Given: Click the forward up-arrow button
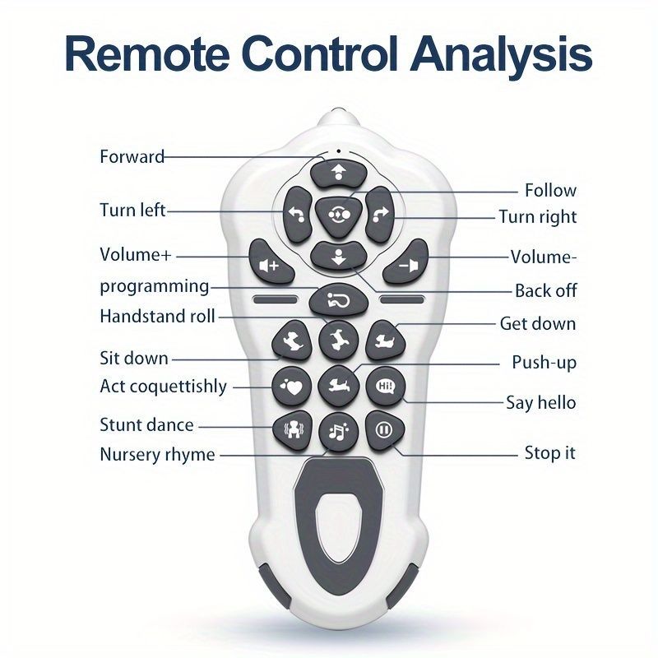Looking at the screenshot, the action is [x=339, y=173].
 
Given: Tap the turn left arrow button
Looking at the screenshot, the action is [x=298, y=215].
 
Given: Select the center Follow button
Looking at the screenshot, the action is [x=339, y=215].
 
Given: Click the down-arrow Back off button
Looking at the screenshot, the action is [x=339, y=257].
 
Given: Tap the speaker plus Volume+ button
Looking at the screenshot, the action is [x=271, y=262].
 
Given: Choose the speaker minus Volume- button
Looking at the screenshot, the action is [x=406, y=262].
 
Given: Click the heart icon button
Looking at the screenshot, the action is [x=292, y=387].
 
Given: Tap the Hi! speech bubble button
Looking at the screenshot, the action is [x=385, y=387].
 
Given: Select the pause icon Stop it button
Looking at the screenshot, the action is [x=384, y=430].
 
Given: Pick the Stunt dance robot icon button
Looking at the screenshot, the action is [x=293, y=430].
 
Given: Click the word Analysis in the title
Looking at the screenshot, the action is [x=502, y=55].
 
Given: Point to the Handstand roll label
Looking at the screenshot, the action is [x=157, y=316].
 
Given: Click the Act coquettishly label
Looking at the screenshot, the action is [x=163, y=386].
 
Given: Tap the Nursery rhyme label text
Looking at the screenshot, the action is [x=157, y=455].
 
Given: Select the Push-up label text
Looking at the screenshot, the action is [x=544, y=362].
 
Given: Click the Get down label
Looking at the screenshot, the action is [x=538, y=323].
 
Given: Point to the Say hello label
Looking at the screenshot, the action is [x=541, y=402].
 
